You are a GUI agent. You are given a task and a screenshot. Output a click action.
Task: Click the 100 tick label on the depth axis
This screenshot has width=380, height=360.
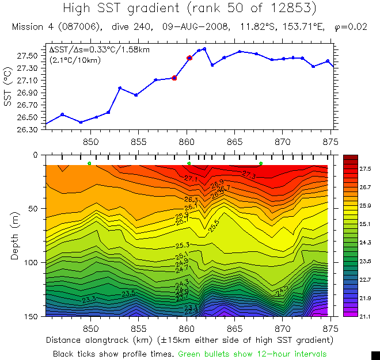pyautogui.click(x=31, y=262)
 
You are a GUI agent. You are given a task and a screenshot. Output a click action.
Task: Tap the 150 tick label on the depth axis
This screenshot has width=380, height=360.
pyautogui.click(x=31, y=316)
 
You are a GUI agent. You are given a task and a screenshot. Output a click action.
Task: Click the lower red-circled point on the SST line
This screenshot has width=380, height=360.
pyautogui.click(x=174, y=78)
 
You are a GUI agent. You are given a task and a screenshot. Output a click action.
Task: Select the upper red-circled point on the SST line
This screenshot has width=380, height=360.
pyautogui.click(x=189, y=58)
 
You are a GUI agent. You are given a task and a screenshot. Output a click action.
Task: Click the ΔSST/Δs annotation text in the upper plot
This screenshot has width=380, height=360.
pyautogui.click(x=99, y=50)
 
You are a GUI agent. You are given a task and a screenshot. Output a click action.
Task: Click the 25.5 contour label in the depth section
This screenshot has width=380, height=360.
pyautogui.click(x=214, y=226)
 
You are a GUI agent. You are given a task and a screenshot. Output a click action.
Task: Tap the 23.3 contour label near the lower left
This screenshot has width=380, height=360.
pyautogui.click(x=89, y=300)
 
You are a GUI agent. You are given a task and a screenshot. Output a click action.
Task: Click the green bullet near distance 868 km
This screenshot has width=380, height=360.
pyautogui.click(x=261, y=164)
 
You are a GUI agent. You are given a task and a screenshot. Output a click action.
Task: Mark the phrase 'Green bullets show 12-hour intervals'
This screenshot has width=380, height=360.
pyautogui.click(x=253, y=354)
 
